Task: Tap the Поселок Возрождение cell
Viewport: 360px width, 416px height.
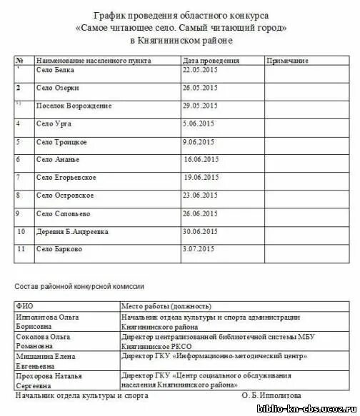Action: [x=74, y=106]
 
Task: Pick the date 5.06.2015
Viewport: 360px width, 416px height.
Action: [x=199, y=123]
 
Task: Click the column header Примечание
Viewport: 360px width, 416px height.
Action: [x=288, y=61]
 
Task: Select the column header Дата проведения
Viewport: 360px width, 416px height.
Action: [x=211, y=61]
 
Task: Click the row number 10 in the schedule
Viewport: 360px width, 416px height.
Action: [x=21, y=231]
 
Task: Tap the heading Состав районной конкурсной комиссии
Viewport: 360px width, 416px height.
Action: [x=79, y=286]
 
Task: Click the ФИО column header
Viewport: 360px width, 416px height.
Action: [x=25, y=306]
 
